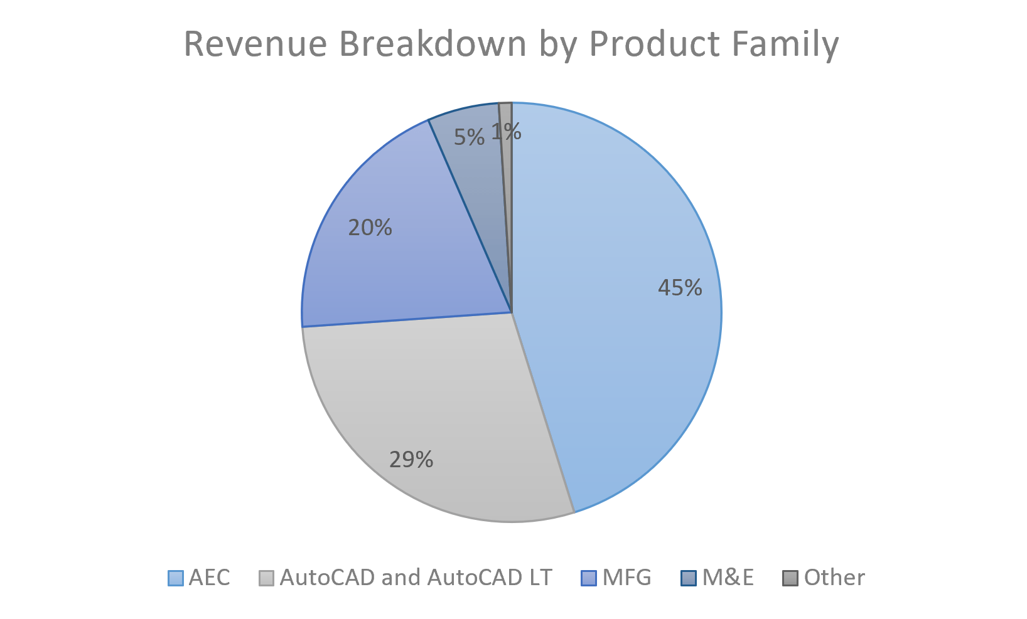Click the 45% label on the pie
tap(680, 288)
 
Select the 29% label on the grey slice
tap(411, 460)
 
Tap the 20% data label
tap(370, 228)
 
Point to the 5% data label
tap(470, 137)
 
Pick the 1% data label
tap(506, 132)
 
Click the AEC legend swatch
tap(176, 578)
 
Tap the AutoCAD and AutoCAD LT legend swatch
tap(267, 578)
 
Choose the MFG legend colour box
tap(589, 578)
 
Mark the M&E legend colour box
tap(689, 578)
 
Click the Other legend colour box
tap(790, 578)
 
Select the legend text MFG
tap(626, 578)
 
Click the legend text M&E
tap(728, 578)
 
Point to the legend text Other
tap(834, 578)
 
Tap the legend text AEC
tap(209, 578)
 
